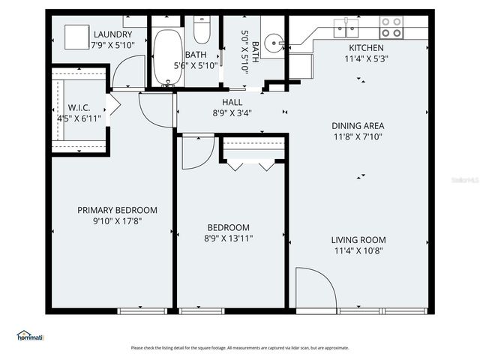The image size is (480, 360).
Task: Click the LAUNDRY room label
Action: (113, 34)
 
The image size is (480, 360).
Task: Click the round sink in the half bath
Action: (274, 40)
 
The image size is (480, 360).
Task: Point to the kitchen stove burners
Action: (391, 28)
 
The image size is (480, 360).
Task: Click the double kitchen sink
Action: (346, 29)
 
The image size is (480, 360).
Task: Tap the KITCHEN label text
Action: (366, 48)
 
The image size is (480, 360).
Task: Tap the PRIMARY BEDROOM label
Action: (117, 210)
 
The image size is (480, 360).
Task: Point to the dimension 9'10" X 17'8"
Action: (117, 221)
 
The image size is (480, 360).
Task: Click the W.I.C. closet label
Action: (79, 107)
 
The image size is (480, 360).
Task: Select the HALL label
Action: (231, 103)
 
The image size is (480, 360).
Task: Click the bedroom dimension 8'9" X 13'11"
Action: (229, 238)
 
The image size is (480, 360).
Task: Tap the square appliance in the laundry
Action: (75, 36)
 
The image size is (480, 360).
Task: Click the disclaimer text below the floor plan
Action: (240, 348)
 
